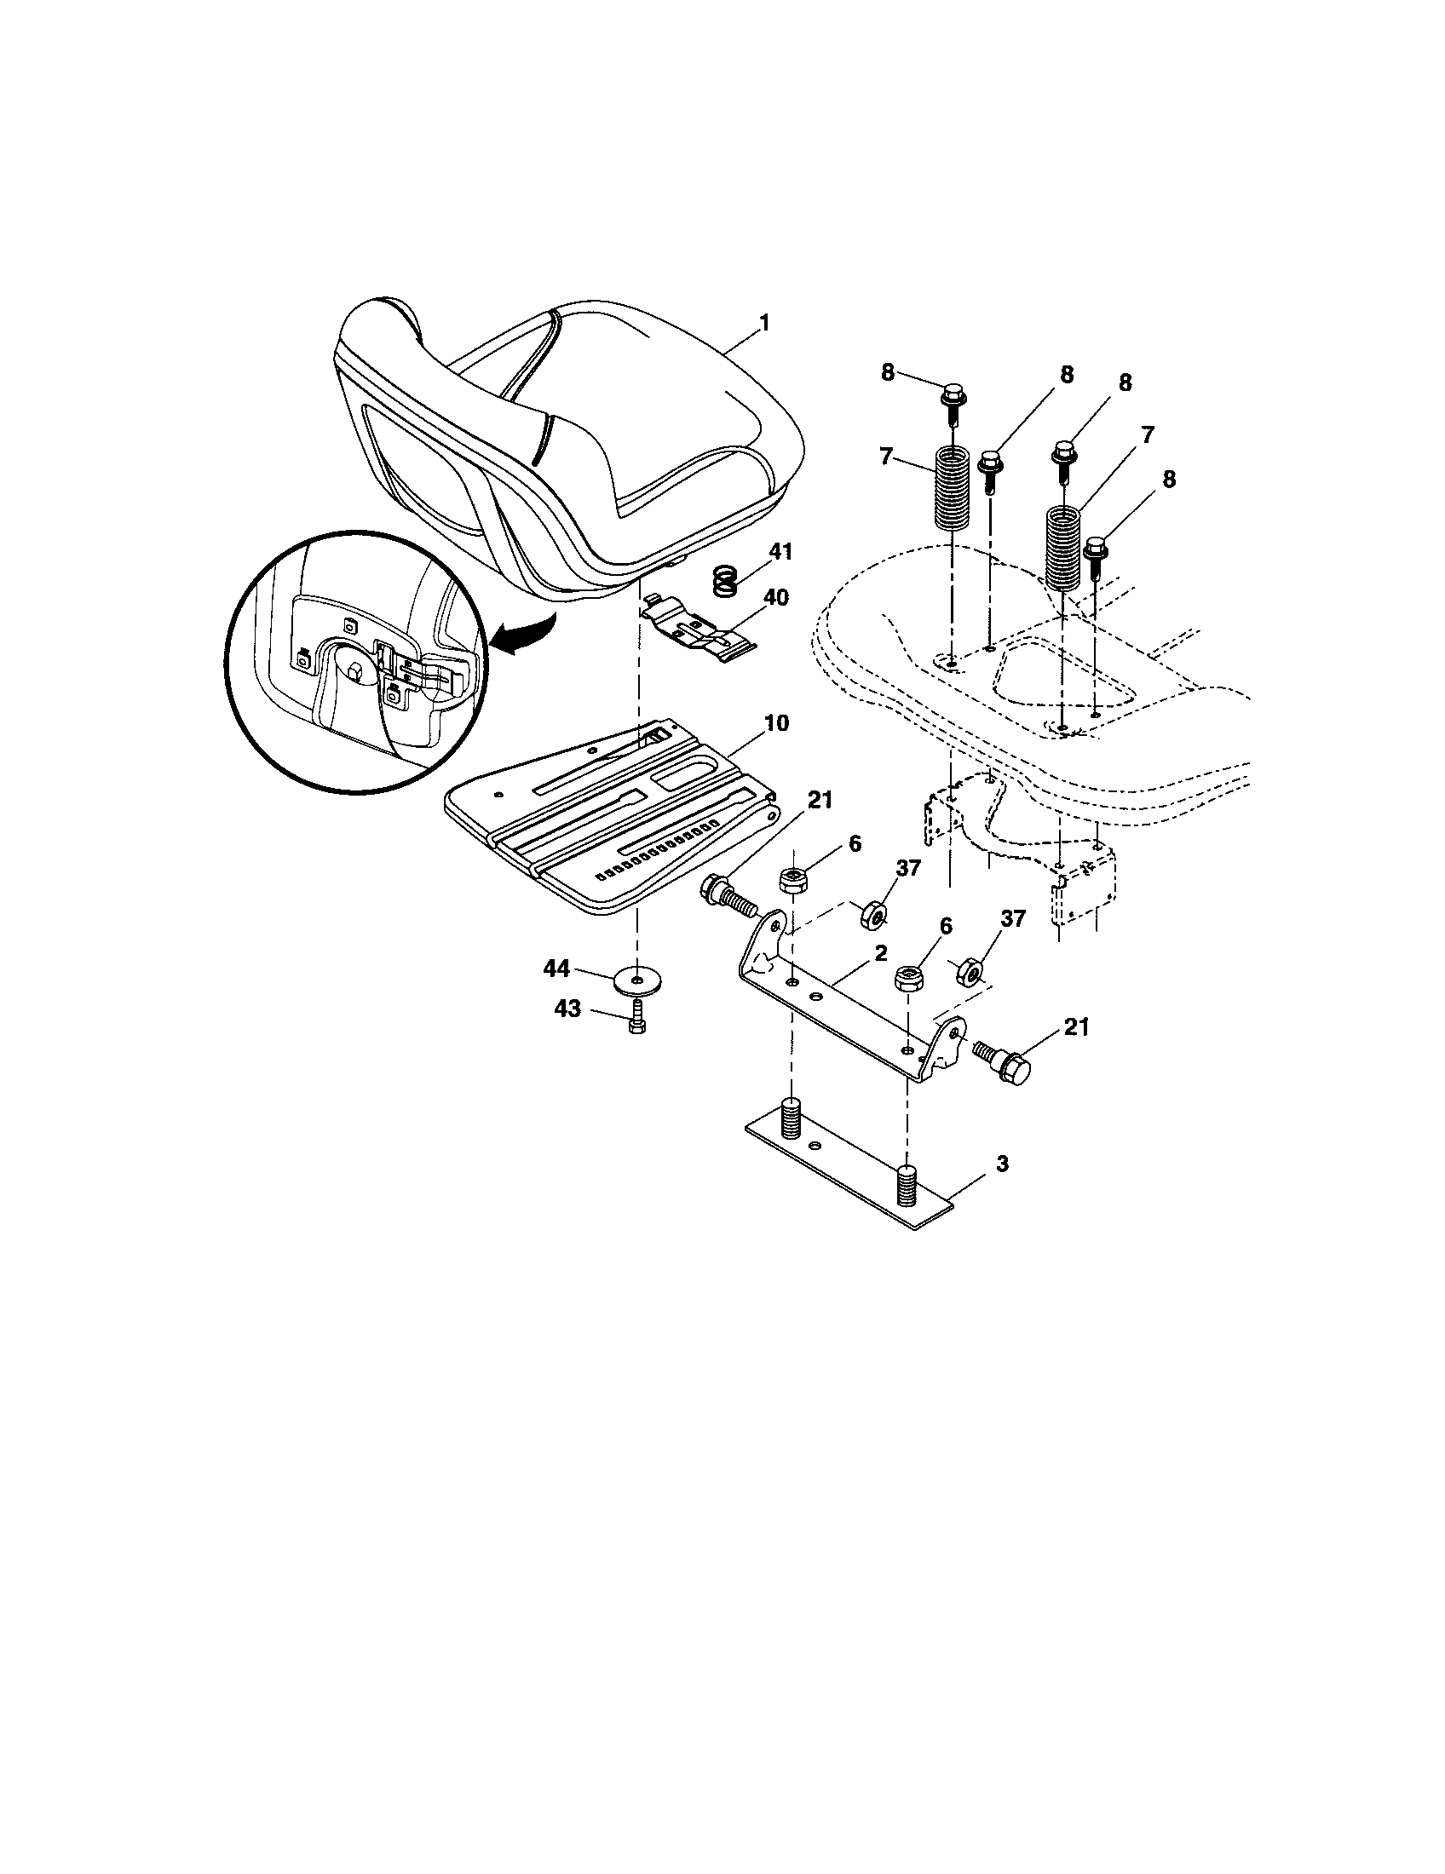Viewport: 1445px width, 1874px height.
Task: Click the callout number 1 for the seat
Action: click(x=763, y=324)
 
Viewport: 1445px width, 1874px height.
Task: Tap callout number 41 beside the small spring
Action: click(x=780, y=552)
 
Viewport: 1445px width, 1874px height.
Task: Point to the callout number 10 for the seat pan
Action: click(x=775, y=722)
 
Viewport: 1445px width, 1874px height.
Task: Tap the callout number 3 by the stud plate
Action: click(x=1002, y=1164)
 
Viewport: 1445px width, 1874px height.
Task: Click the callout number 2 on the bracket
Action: click(x=880, y=953)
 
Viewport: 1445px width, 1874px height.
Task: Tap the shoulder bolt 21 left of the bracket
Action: click(x=727, y=895)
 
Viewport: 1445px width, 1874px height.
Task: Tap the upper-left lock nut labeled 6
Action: click(x=792, y=881)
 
